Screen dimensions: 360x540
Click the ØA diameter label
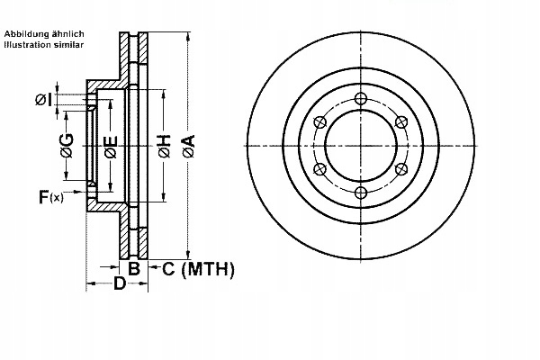pyautogui.click(x=187, y=145)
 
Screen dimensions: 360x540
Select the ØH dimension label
pyautogui.click(x=164, y=145)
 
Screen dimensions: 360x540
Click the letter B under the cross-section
pyautogui.click(x=133, y=268)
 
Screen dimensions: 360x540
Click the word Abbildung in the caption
pyautogui.click(x=29, y=33)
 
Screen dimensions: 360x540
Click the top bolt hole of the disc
pyautogui.click(x=360, y=99)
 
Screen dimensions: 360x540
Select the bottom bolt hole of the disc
pyautogui.click(x=360, y=193)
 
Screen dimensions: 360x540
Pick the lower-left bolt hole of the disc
pyautogui.click(x=319, y=169)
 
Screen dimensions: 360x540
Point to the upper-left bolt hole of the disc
pyautogui.click(x=319, y=122)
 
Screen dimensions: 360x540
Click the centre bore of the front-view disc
pyautogui.click(x=360, y=146)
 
